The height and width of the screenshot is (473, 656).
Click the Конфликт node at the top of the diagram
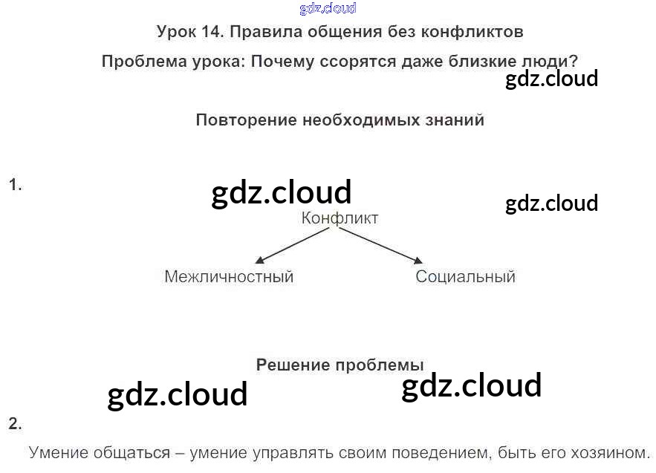(340, 218)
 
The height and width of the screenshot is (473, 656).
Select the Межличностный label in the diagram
(229, 277)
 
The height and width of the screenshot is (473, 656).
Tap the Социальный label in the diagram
(465, 277)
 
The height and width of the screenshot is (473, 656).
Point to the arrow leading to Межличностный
(291, 246)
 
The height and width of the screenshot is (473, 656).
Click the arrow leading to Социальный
(380, 246)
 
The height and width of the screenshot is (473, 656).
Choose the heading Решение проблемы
(340, 365)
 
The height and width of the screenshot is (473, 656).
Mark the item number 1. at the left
(15, 185)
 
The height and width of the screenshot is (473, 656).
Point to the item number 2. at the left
(15, 425)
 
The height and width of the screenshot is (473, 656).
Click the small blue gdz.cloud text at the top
(328, 9)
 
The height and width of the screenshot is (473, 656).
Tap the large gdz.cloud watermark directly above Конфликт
(281, 193)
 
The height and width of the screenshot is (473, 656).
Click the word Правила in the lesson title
(262, 32)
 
